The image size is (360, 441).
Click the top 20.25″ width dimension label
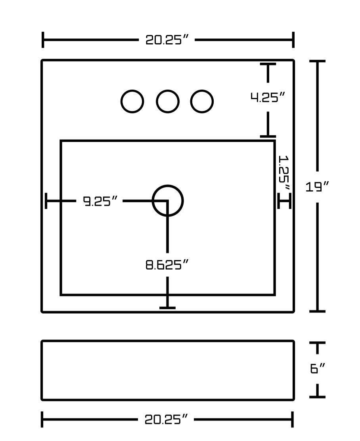(166, 40)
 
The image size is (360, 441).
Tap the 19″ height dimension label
(318, 186)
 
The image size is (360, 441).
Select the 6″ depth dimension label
(317, 369)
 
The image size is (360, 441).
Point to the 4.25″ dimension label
(268, 98)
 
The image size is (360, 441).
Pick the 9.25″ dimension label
(100, 201)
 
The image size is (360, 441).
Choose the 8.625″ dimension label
(167, 265)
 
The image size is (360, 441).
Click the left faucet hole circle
(132, 102)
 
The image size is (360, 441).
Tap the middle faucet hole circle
(167, 102)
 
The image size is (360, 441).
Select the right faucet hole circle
(202, 102)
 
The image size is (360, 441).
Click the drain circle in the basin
(168, 201)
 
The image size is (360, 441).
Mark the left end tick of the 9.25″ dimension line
(46, 201)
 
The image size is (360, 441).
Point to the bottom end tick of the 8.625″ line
(167, 307)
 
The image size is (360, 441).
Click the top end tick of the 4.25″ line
(268, 64)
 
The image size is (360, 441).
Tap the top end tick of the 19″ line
(317, 61)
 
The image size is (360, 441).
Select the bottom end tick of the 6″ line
(317, 397)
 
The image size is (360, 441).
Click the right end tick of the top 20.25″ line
(293, 40)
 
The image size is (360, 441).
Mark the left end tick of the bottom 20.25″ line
(42, 420)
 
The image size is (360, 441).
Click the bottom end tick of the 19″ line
(317, 311)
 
